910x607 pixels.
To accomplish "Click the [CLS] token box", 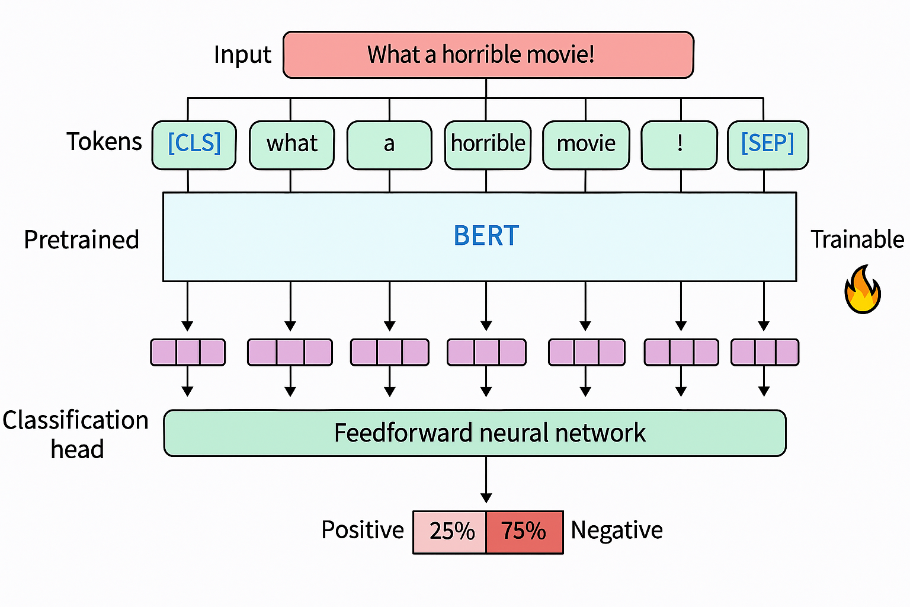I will [194, 145].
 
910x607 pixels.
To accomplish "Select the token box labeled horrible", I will [488, 145].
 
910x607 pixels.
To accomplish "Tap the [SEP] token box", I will [768, 145].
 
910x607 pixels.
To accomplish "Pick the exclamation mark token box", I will [680, 145].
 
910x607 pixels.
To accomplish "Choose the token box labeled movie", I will [586, 145].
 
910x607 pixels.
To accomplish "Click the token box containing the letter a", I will [389, 145].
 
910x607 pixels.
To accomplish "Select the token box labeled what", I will [291, 145].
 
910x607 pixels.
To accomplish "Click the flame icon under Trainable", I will [862, 290].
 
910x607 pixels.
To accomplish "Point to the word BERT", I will [486, 236].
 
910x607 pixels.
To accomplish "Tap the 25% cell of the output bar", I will [450, 532].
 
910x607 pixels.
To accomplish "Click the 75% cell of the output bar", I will [524, 532].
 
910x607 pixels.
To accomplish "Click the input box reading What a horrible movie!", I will [488, 55].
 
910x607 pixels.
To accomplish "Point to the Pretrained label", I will [82, 240].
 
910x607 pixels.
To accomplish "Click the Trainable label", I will [857, 240].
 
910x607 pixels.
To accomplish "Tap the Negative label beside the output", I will [617, 531].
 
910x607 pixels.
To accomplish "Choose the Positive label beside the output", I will [363, 530].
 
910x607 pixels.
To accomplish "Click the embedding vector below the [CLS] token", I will [188, 352].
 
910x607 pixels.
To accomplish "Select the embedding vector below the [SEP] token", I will [764, 352].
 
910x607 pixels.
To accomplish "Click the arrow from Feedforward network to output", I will [486, 480].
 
